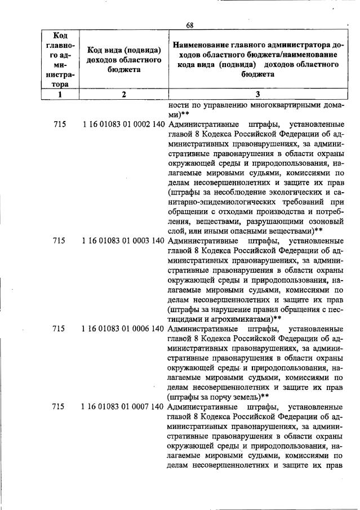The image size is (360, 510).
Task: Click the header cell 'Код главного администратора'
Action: coord(60,59)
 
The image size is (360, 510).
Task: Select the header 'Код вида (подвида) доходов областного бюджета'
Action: coord(124,59)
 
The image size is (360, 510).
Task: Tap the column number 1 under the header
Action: coord(60,95)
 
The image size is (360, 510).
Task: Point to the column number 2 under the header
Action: coord(124,95)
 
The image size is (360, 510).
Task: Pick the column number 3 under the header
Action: coord(257,95)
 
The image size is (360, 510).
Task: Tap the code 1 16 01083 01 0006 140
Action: coord(123,329)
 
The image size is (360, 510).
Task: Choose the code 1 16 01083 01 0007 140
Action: coord(123,406)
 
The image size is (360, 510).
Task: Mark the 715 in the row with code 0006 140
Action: coord(59,329)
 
